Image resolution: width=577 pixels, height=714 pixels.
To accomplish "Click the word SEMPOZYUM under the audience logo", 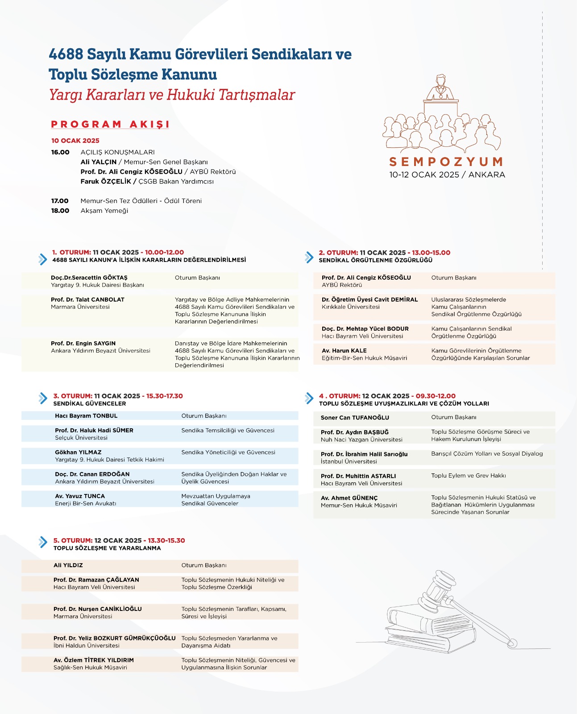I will click(446, 162).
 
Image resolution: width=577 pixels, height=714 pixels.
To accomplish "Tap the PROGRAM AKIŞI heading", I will click(110, 124).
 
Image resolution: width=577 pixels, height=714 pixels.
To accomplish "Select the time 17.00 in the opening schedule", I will click(60, 201).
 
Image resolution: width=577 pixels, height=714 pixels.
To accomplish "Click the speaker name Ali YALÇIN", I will click(98, 162).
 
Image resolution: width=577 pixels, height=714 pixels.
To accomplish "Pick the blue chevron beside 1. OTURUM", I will click(42, 259).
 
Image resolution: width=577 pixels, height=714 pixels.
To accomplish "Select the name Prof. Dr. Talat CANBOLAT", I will click(87, 299).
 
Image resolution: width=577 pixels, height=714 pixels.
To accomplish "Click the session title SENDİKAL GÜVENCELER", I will click(89, 403).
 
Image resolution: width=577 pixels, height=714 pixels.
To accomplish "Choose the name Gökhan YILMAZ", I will click(78, 452).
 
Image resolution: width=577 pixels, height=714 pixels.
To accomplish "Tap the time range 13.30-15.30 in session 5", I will click(166, 540).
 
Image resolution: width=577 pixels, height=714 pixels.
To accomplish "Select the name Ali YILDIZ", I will click(68, 565).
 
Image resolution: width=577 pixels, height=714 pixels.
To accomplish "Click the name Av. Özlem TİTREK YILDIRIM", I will click(94, 660).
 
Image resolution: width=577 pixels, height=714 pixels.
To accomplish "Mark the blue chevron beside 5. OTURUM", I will click(43, 542).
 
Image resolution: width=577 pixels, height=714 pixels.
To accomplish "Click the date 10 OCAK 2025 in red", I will click(75, 141).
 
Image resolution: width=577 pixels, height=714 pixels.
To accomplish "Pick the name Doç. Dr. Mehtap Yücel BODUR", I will click(365, 329).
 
